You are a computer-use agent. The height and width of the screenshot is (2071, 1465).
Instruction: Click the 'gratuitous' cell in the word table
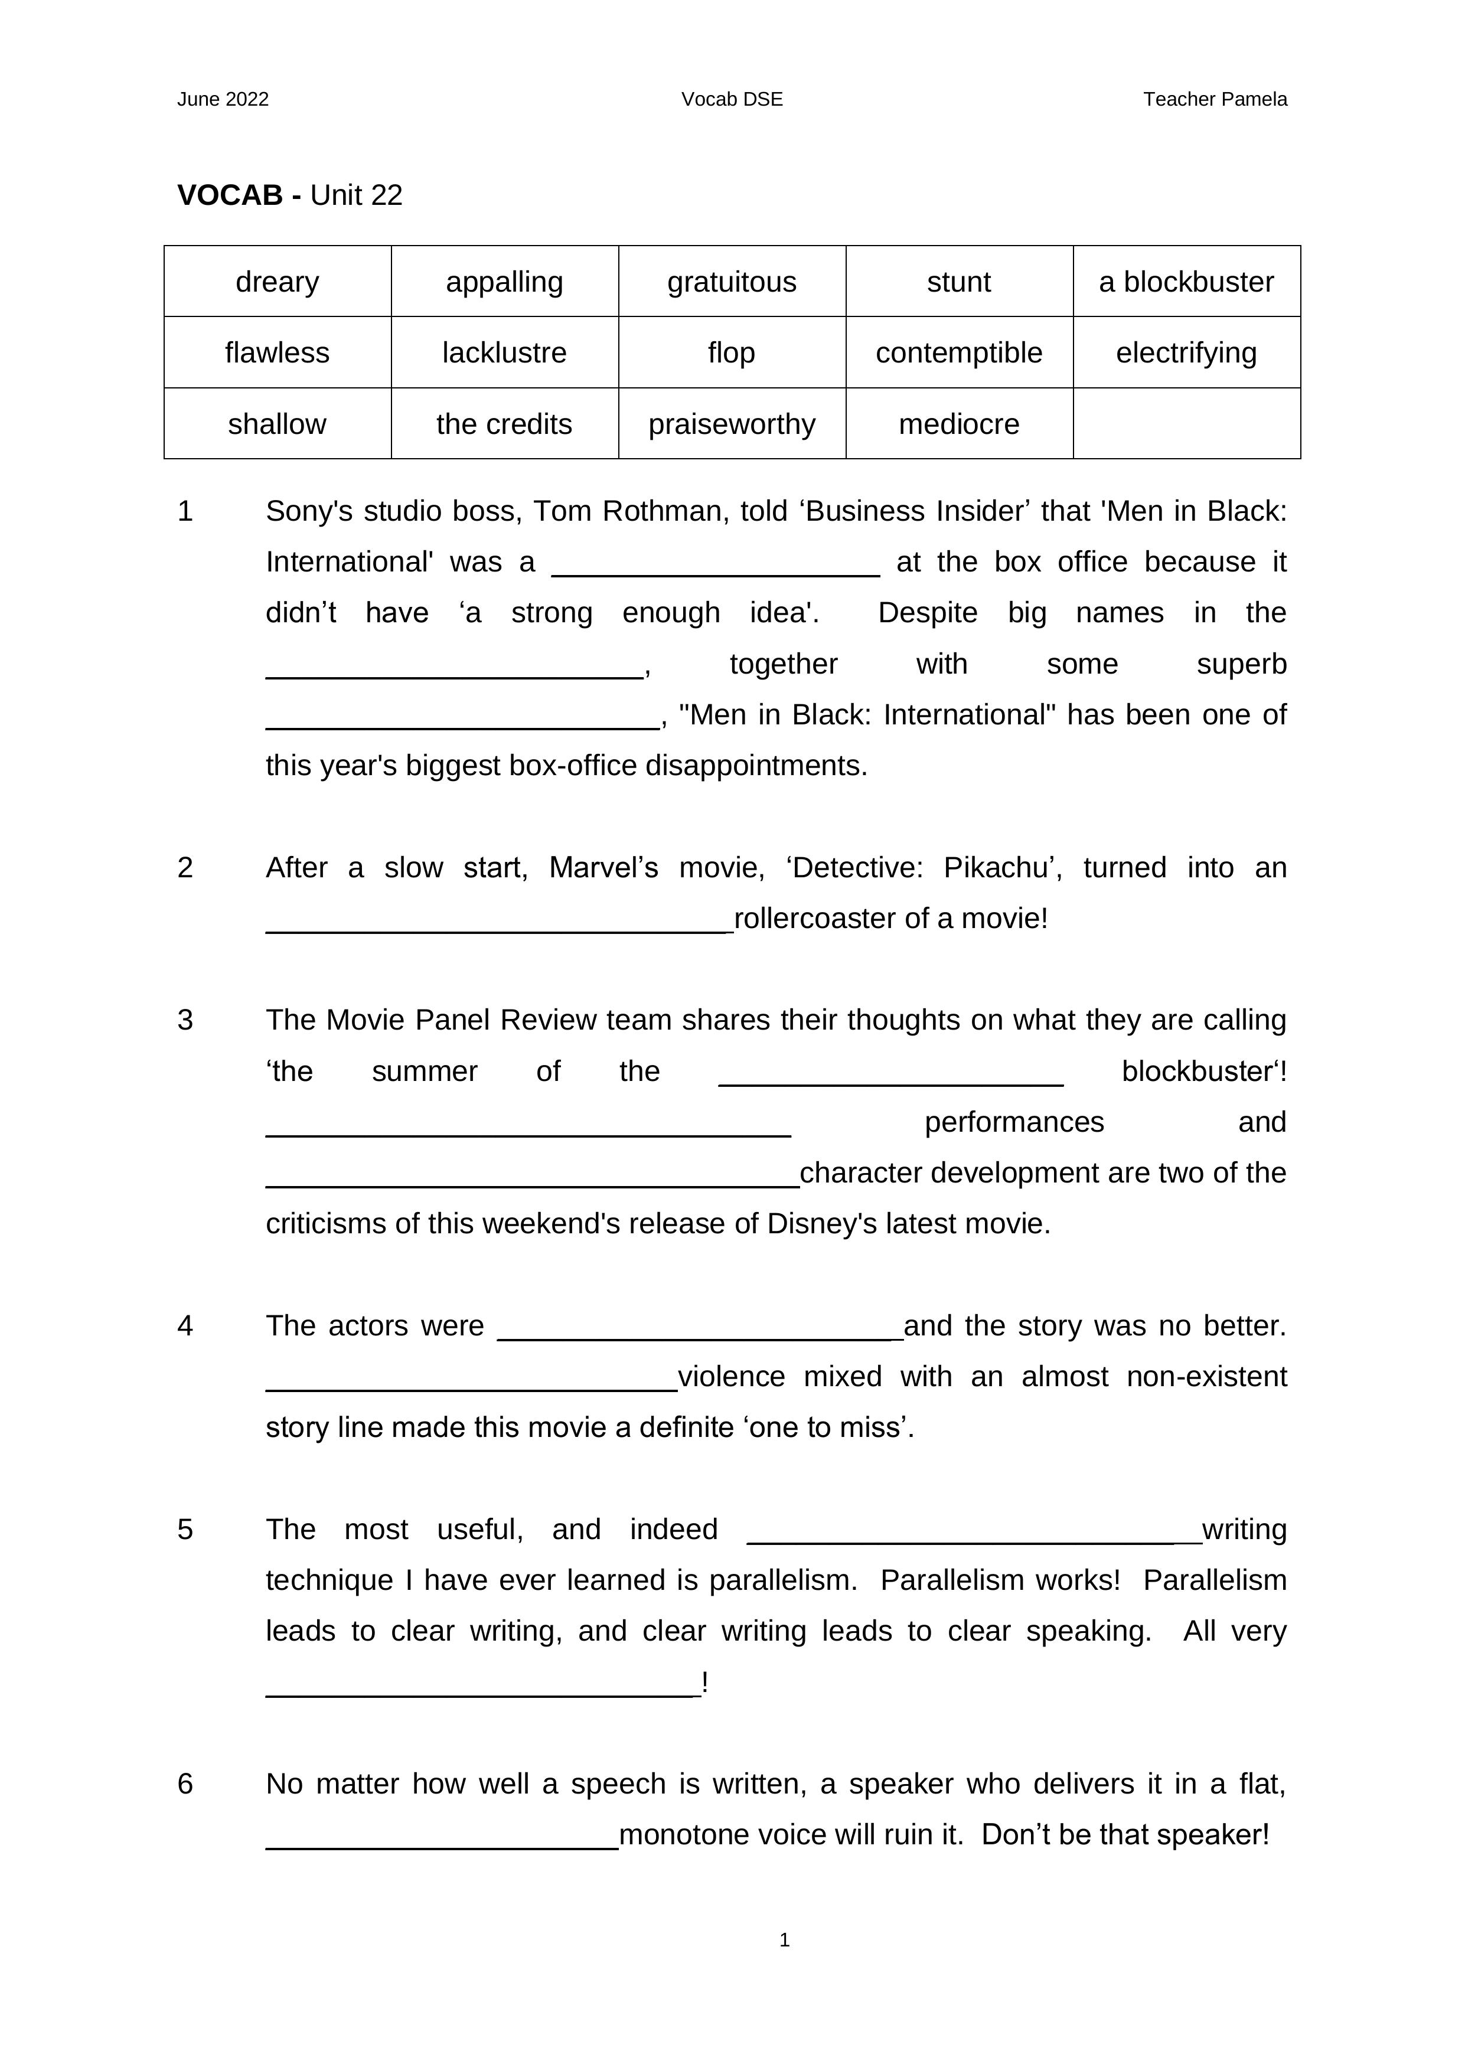(732, 282)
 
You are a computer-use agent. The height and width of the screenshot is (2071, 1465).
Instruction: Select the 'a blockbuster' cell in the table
(1186, 282)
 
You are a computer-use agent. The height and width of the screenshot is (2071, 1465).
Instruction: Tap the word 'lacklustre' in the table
(504, 352)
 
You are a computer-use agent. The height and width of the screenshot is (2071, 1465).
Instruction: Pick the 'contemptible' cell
(959, 352)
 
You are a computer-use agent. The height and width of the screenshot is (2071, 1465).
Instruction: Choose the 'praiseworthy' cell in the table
(732, 424)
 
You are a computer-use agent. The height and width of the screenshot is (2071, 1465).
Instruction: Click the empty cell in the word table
(1186, 424)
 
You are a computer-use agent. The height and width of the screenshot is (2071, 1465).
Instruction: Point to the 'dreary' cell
(277, 282)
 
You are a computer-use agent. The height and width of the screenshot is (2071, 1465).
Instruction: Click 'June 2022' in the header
(223, 99)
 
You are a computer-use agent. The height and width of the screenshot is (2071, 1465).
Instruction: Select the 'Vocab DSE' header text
(732, 99)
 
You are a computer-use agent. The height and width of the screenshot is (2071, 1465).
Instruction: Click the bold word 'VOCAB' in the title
(230, 195)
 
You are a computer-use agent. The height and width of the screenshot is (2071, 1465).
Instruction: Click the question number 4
(185, 1325)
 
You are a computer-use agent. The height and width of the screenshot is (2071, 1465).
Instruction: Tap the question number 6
(185, 1783)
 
